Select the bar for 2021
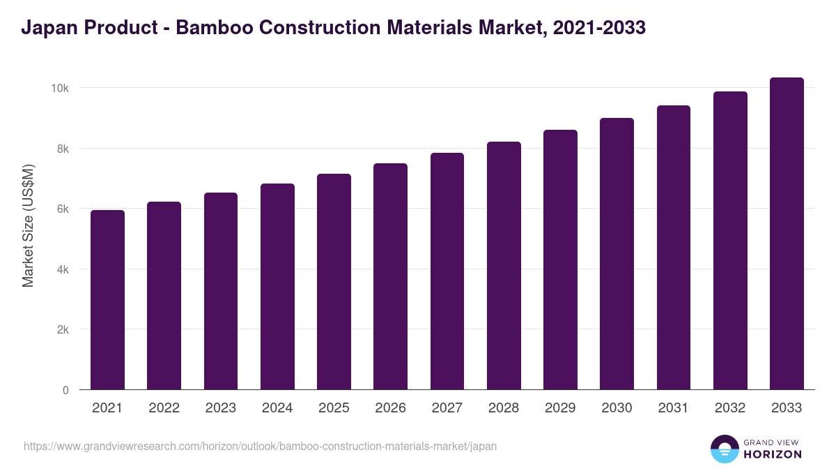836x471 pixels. (107, 300)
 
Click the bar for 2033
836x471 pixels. (787, 234)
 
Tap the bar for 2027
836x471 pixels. (447, 271)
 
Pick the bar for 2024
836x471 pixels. (277, 287)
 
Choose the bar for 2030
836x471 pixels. (617, 254)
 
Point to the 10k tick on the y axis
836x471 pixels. (59, 89)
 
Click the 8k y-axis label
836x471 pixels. (62, 149)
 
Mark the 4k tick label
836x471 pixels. (62, 269)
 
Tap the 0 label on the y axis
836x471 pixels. (65, 390)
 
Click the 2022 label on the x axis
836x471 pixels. (164, 408)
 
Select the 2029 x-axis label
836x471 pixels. (560, 408)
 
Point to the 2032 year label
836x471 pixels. (730, 408)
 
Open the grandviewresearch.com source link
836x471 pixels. (261, 446)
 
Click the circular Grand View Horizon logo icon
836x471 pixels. (725, 449)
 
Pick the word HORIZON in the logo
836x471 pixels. (773, 454)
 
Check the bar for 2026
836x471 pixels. (390, 276)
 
